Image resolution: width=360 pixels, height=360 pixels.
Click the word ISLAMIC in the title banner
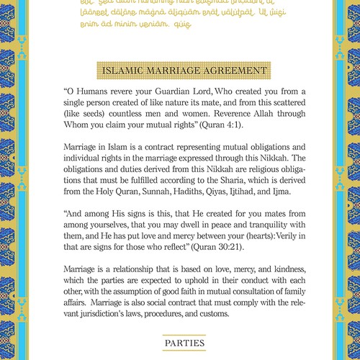tap(126, 71)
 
